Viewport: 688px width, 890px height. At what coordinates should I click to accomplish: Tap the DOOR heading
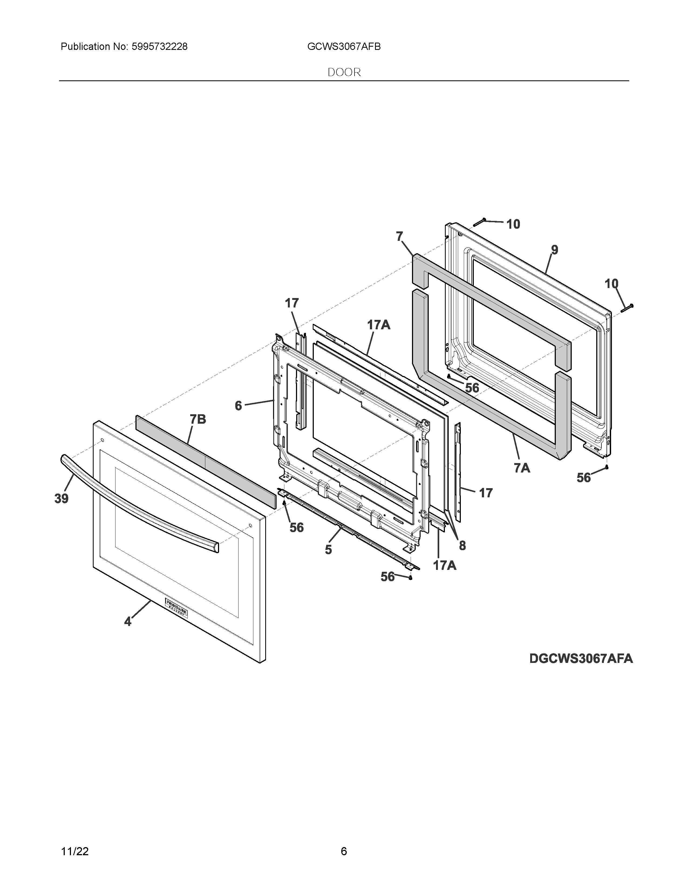pos(344,73)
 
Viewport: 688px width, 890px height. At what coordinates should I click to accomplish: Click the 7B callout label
pos(198,419)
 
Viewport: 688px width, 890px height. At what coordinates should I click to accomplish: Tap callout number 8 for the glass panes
pos(462,545)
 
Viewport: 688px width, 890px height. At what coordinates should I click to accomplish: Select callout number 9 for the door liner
pos(554,250)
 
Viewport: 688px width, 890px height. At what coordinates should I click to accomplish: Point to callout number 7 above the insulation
pos(399,236)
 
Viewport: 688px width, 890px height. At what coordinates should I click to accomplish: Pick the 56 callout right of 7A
pos(584,478)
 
